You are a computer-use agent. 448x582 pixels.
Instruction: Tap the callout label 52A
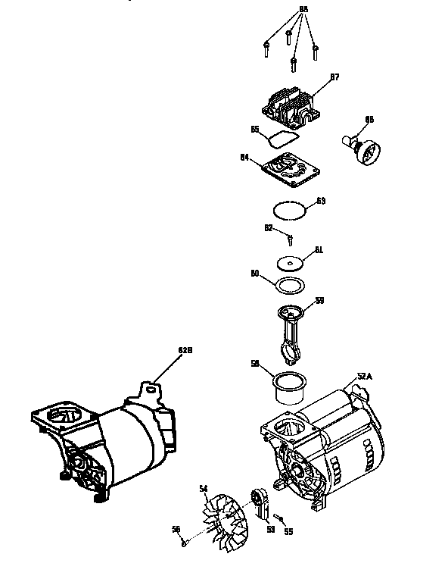tap(366, 376)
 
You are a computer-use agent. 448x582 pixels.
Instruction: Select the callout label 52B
tap(185, 351)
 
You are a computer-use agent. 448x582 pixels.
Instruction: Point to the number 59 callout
tap(319, 301)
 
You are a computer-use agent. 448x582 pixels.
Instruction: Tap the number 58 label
tap(256, 364)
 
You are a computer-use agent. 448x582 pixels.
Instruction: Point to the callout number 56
tap(176, 530)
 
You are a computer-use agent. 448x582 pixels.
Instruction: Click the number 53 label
tap(271, 530)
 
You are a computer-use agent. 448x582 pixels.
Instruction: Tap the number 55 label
tap(288, 531)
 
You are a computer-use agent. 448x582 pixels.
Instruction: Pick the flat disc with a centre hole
tap(290, 262)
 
